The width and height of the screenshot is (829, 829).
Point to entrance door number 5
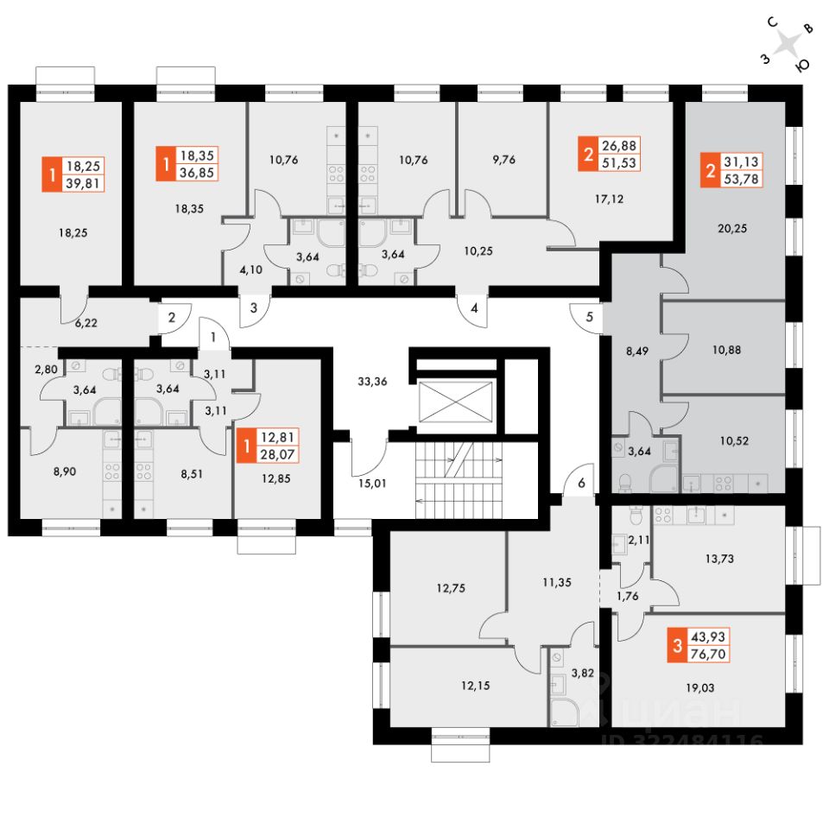pos(590,316)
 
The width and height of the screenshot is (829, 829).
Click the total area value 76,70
pos(707,654)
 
